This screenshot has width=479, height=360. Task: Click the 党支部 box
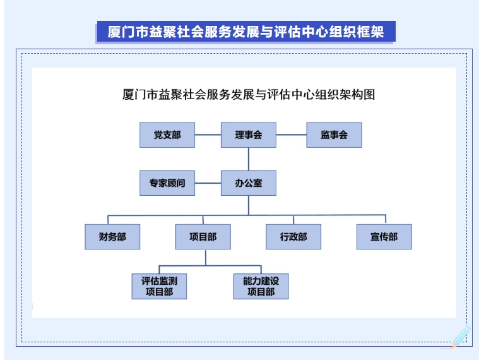tap(167, 135)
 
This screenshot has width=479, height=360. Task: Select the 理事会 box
tap(249, 135)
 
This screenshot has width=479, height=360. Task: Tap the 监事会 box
tap(334, 135)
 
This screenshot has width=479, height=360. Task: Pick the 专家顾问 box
tap(167, 183)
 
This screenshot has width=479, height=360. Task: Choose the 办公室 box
tap(249, 183)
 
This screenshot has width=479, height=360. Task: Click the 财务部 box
tap(112, 237)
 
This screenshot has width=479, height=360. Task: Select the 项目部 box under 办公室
tap(203, 237)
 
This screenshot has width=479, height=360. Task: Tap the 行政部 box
tap(293, 237)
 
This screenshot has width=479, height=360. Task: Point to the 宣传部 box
tap(384, 237)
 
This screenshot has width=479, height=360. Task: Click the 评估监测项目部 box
tap(159, 286)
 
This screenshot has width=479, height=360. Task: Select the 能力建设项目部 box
tap(261, 286)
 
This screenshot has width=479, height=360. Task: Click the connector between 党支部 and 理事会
tap(208, 135)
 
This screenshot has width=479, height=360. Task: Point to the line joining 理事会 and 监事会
tap(292, 135)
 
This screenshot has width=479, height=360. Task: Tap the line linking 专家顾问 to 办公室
tap(208, 183)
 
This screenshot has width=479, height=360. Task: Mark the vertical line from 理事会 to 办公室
tap(249, 159)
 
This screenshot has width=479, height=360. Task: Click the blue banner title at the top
tap(245, 32)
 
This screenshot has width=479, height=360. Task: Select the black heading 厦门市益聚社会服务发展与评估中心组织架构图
tap(249, 95)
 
